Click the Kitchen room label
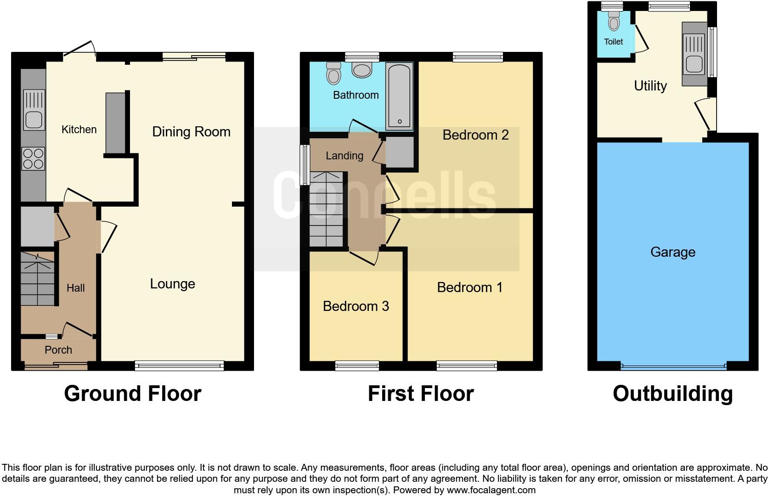click(x=79, y=130)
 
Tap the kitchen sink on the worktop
click(x=35, y=119)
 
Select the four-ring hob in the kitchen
click(x=33, y=158)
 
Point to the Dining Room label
click(x=191, y=132)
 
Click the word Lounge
click(x=172, y=284)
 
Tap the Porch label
click(x=58, y=350)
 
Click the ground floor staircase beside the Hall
click(x=38, y=280)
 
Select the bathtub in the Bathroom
click(x=400, y=96)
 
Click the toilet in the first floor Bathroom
click(x=333, y=73)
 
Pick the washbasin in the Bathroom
click(x=362, y=70)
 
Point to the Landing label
click(x=344, y=156)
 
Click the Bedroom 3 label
click(x=356, y=306)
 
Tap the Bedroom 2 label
click(x=475, y=135)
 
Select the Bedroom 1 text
click(x=469, y=287)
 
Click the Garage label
click(x=672, y=252)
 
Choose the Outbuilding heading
click(x=672, y=394)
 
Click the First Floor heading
click(x=420, y=394)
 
